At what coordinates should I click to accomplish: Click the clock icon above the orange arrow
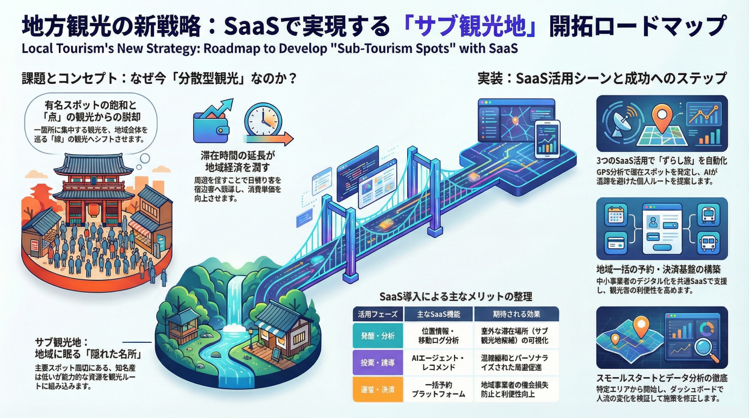click(x=262, y=120)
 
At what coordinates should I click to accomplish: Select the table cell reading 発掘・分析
click(x=378, y=336)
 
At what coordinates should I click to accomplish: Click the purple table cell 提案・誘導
click(x=378, y=362)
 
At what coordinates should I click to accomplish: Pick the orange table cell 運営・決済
click(x=378, y=389)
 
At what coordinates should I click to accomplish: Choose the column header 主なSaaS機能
click(x=439, y=314)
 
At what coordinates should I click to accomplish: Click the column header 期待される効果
click(x=516, y=314)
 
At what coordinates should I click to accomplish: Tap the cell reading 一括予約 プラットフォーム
click(x=439, y=389)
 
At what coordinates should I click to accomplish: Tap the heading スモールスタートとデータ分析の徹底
click(x=662, y=377)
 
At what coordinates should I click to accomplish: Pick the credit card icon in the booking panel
click(x=617, y=242)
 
